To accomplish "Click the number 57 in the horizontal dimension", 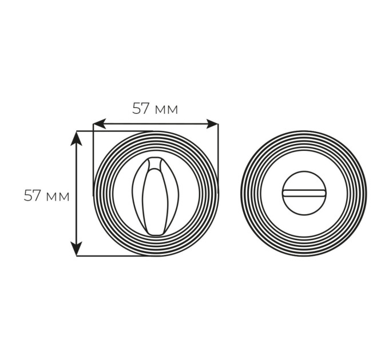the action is tap(140, 109).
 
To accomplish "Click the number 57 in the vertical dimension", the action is tap(32, 195).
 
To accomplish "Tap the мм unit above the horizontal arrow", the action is tap(166, 110).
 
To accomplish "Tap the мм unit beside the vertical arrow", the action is tap(58, 197).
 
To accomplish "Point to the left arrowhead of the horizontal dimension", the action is tap(99, 123).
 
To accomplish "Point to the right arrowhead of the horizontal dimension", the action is tap(212, 124).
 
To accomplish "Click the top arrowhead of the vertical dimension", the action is tap(77, 138).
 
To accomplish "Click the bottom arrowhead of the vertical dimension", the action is tap(77, 249).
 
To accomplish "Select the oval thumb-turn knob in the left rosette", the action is tap(155, 196).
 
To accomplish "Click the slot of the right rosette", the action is tap(304, 193).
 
